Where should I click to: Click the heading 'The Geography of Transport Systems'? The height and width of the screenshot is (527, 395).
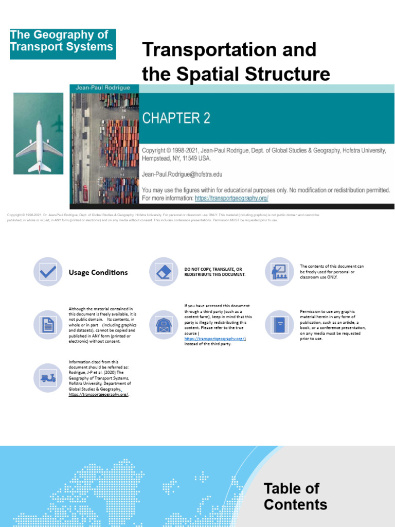(62, 41)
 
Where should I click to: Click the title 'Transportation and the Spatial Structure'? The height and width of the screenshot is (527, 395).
(236, 62)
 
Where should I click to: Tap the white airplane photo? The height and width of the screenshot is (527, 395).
(39, 134)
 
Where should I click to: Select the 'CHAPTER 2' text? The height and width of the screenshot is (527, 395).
(176, 118)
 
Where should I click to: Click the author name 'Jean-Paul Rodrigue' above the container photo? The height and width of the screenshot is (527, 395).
(103, 87)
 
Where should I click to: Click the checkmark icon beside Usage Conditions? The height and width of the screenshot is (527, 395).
(48, 272)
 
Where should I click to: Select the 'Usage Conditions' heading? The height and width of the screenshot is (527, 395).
(98, 272)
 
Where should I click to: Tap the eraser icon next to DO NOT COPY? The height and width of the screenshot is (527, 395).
(164, 272)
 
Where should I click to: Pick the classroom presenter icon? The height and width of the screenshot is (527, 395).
(279, 272)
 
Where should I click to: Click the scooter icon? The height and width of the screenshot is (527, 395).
(48, 378)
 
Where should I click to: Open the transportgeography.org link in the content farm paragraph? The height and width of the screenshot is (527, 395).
(215, 338)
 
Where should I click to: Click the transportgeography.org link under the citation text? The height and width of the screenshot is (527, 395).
(98, 394)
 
